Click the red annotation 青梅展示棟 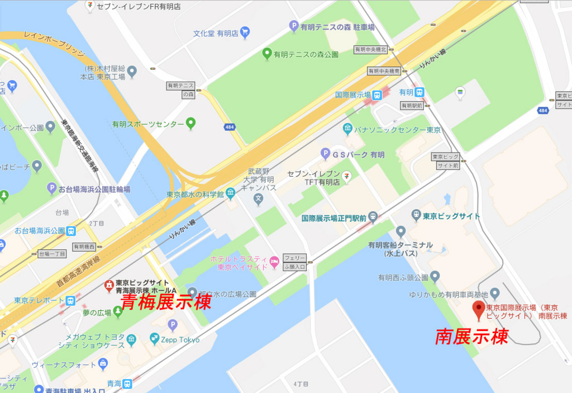pos(166,302)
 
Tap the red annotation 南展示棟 pos(471,337)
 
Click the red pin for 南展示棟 pos(478,309)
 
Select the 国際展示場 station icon pos(377,95)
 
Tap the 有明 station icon pos(420,92)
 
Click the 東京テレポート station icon pos(70,300)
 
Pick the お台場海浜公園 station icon pos(71,230)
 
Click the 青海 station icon pos(127,383)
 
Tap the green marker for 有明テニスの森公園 pos(267,54)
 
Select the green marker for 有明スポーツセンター pos(190,123)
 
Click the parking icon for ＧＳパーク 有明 pos(325,154)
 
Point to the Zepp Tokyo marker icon pos(155,339)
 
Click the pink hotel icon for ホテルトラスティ pos(274,262)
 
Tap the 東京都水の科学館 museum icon pos(230,193)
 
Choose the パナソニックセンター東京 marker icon pos(348,130)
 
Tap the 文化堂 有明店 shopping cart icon pos(245,33)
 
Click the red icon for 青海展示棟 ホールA pos(109,287)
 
